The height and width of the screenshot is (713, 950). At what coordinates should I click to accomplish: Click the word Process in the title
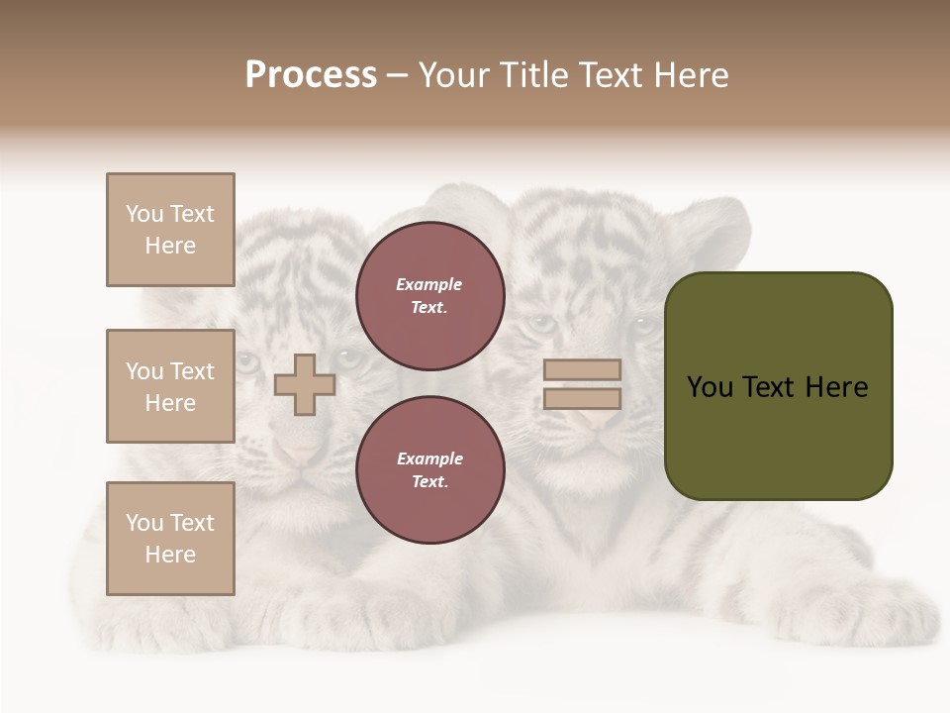point(311,75)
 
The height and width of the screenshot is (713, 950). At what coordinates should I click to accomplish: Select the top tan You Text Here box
point(170,230)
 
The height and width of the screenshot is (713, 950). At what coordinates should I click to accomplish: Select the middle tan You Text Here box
point(170,386)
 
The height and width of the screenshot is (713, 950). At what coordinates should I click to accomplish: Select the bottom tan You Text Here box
point(170,539)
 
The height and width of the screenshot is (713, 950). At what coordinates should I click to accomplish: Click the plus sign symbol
point(305,384)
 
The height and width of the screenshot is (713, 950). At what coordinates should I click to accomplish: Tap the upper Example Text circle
point(429,296)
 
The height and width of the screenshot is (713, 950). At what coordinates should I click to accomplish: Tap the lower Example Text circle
point(429,470)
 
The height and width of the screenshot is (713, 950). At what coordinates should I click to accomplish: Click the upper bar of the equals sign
point(582,369)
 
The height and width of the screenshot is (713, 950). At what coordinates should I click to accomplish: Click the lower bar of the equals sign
point(582,399)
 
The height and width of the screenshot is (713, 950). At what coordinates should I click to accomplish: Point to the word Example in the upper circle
point(428,285)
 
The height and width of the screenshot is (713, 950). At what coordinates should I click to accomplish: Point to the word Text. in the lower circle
point(430,482)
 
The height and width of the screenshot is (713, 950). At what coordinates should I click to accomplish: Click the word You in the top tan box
point(143,214)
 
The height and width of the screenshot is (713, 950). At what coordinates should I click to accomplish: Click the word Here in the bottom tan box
point(170,555)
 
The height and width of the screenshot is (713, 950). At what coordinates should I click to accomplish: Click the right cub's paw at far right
point(891,614)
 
